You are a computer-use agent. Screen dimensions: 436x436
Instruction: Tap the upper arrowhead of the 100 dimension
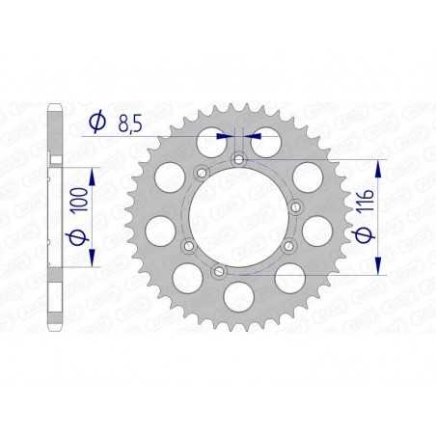coord(93,172)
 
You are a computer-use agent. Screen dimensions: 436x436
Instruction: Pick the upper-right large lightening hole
coord(307,176)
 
